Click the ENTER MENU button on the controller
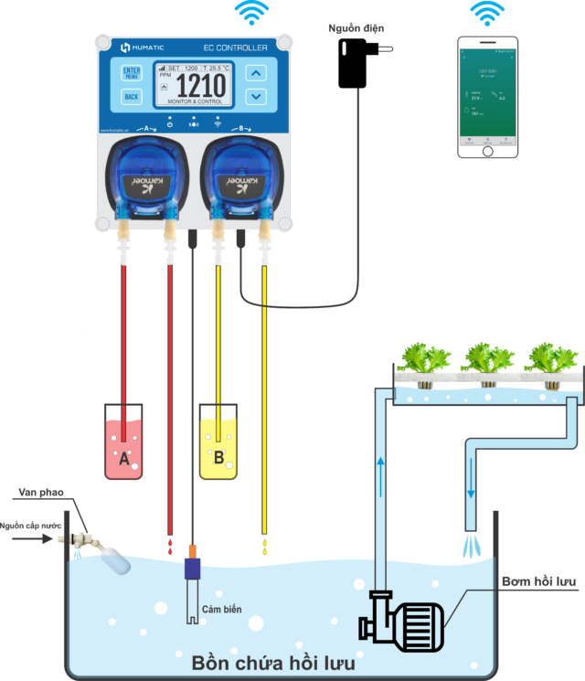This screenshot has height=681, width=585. tap(132, 72)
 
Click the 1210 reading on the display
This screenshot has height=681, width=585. tap(200, 87)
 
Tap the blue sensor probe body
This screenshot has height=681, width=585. tap(192, 568)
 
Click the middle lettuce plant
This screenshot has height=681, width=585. tap(485, 358)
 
